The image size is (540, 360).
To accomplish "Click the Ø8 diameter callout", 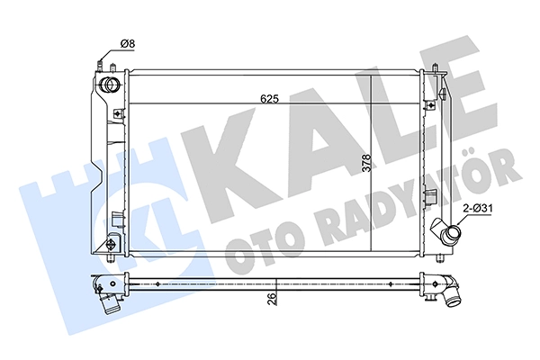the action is click(x=128, y=44).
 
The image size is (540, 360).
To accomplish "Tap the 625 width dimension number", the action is click(x=269, y=99).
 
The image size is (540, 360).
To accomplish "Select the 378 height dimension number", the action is click(x=367, y=163).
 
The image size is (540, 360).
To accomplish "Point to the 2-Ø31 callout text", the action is click(x=478, y=209).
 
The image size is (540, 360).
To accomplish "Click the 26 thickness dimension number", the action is click(x=272, y=297).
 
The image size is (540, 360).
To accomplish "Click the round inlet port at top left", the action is click(x=109, y=85).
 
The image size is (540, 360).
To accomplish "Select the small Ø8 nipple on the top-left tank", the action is click(x=100, y=66).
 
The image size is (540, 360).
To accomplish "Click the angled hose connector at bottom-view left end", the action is click(x=109, y=301).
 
